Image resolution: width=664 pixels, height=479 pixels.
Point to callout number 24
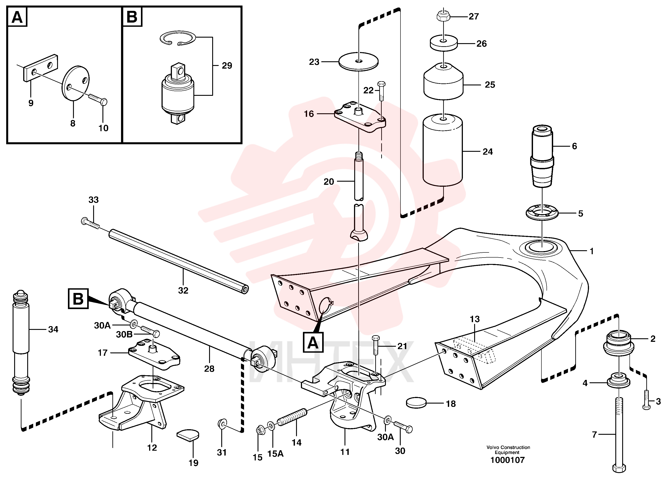488,151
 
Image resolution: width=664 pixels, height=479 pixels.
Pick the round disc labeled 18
416,403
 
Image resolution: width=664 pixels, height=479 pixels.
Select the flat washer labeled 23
358,62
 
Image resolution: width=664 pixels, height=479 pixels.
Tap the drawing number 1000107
508,460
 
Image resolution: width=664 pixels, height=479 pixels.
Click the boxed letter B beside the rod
78,299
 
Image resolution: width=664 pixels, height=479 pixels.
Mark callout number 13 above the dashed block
475,319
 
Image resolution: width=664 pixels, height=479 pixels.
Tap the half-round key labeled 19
188,435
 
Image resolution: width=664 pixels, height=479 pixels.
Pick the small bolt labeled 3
647,400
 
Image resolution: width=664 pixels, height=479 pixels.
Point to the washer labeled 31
222,423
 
